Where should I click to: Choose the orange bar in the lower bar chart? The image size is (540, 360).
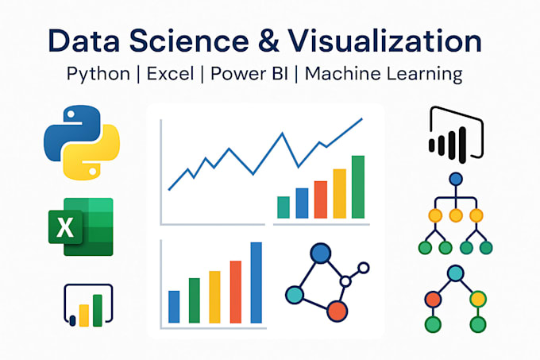coord(235,291)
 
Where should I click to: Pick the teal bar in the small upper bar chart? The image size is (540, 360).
coord(283,207)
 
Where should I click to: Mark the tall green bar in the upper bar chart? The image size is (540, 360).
coord(358,186)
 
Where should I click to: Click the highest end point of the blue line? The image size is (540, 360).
coord(361,120)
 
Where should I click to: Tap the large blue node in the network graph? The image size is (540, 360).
coord(319,254)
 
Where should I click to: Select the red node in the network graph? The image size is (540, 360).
coord(337,310)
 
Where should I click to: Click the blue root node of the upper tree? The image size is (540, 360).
coord(455,180)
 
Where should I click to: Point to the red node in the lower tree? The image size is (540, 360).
coord(433,300)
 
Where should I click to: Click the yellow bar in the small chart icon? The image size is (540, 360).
coord(83,315)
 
